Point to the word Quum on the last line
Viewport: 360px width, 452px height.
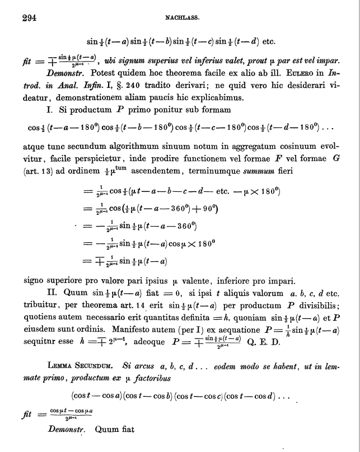(x=107, y=430)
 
